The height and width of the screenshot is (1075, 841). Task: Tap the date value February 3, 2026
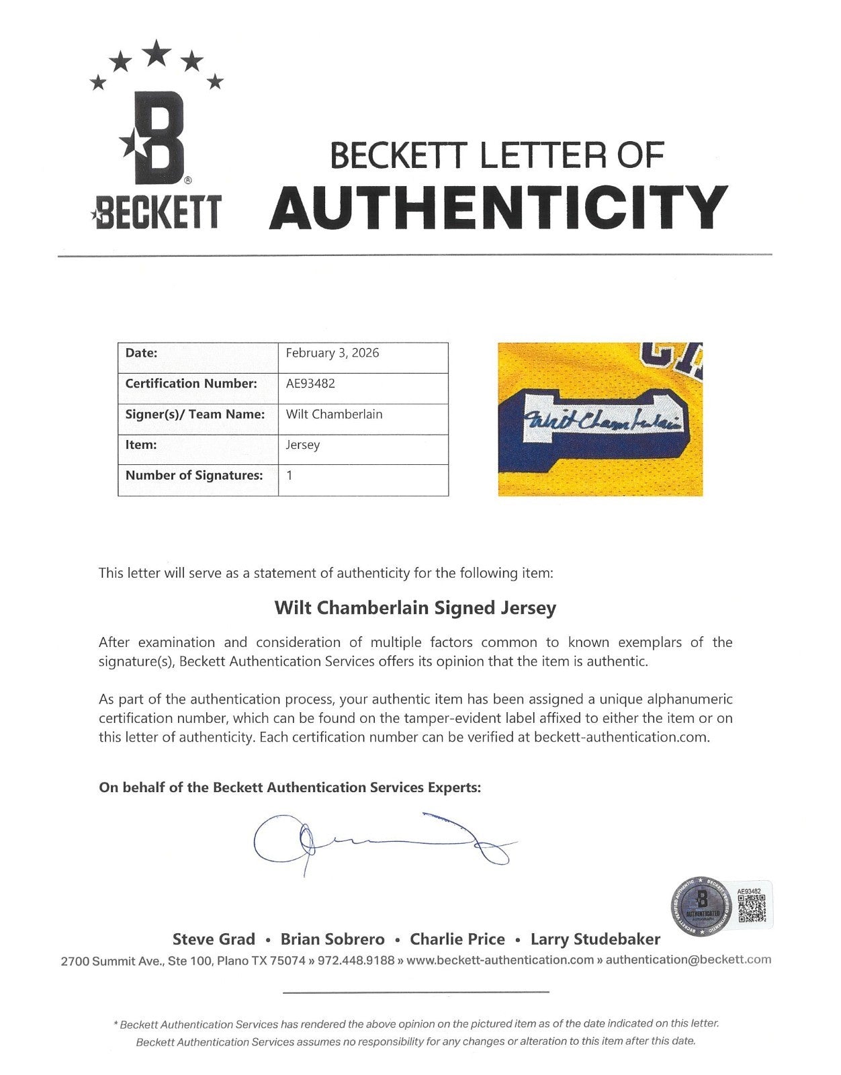pyautogui.click(x=333, y=353)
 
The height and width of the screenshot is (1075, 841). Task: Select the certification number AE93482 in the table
pyautogui.click(x=310, y=384)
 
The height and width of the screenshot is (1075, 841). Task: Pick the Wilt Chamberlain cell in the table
pyautogui.click(x=335, y=414)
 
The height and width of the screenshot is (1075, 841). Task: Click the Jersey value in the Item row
pyautogui.click(x=303, y=445)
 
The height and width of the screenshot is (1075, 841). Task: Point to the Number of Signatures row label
pyautogui.click(x=194, y=476)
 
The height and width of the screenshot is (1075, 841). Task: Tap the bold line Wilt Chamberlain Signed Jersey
pyautogui.click(x=415, y=608)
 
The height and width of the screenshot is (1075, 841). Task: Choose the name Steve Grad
pyautogui.click(x=214, y=939)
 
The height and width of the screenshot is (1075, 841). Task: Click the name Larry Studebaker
pyautogui.click(x=595, y=939)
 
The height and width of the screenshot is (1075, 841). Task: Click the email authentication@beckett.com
pyautogui.click(x=688, y=960)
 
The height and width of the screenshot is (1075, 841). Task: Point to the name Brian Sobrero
pyautogui.click(x=333, y=939)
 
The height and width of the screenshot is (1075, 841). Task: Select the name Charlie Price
pyautogui.click(x=457, y=939)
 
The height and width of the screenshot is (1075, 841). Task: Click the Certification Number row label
pyautogui.click(x=191, y=384)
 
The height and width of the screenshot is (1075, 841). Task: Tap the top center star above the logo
pyautogui.click(x=157, y=52)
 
